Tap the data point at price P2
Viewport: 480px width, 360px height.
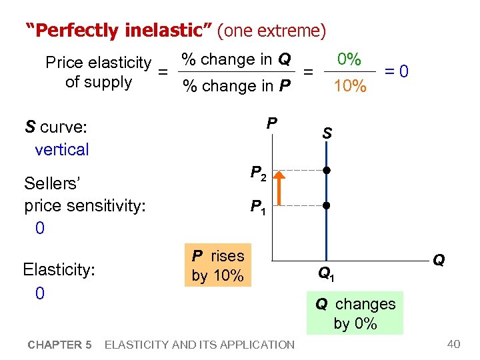click(x=326, y=171)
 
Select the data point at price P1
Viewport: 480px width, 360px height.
click(x=326, y=205)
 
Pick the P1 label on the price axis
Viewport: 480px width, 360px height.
click(x=259, y=207)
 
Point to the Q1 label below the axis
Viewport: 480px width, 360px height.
click(x=326, y=273)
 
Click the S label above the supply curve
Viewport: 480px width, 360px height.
click(x=327, y=133)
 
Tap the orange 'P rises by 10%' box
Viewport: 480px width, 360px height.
click(x=218, y=265)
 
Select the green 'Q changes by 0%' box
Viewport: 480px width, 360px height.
click(x=355, y=313)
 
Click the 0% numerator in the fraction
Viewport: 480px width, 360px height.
click(x=349, y=59)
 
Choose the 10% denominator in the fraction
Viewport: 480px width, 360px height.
click(x=349, y=86)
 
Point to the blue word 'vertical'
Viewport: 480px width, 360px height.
click(x=61, y=149)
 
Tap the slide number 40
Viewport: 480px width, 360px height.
click(x=454, y=344)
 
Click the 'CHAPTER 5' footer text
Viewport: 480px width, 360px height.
click(x=59, y=345)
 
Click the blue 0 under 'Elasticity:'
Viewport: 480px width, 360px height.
click(x=39, y=293)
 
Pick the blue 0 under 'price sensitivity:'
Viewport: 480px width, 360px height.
click(x=39, y=228)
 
